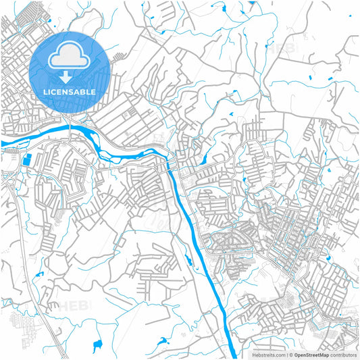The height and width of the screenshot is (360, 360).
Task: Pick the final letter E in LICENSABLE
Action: click(93, 92)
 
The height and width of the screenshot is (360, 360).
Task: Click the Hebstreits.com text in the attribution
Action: click(266, 354)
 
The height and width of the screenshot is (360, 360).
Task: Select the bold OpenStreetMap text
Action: click(311, 354)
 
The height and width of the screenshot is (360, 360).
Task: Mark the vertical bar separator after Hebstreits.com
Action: click(286, 354)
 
